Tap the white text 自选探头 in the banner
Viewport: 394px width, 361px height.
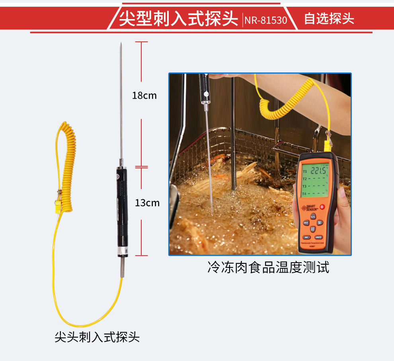[x=329, y=19]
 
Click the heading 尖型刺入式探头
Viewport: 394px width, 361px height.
[x=179, y=19]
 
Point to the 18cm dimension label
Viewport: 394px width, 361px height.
[x=144, y=96]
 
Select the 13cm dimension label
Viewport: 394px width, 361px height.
[x=147, y=203]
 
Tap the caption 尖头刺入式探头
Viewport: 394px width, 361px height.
[x=97, y=338]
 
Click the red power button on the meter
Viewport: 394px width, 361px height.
[x=322, y=207]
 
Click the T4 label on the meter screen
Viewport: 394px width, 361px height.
[x=304, y=194]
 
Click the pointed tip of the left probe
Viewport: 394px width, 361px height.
[x=121, y=43]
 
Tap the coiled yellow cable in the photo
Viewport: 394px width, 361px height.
[x=279, y=105]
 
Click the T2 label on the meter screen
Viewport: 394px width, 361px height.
[x=304, y=179]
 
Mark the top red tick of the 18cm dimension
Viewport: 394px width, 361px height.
[x=142, y=42]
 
